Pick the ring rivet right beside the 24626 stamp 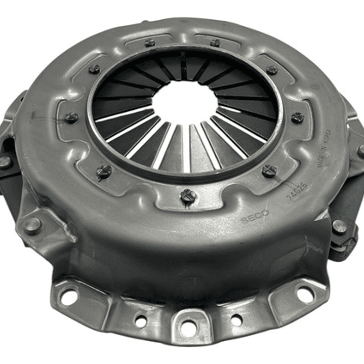(269, 171)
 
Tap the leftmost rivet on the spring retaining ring (71, 118)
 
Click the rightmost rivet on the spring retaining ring (297, 117)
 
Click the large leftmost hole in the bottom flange (69, 297)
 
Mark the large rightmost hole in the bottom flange (305, 294)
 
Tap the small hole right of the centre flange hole (236, 319)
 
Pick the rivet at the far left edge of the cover (5, 162)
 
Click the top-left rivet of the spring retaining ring (94, 68)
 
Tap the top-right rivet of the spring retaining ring (271, 70)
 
